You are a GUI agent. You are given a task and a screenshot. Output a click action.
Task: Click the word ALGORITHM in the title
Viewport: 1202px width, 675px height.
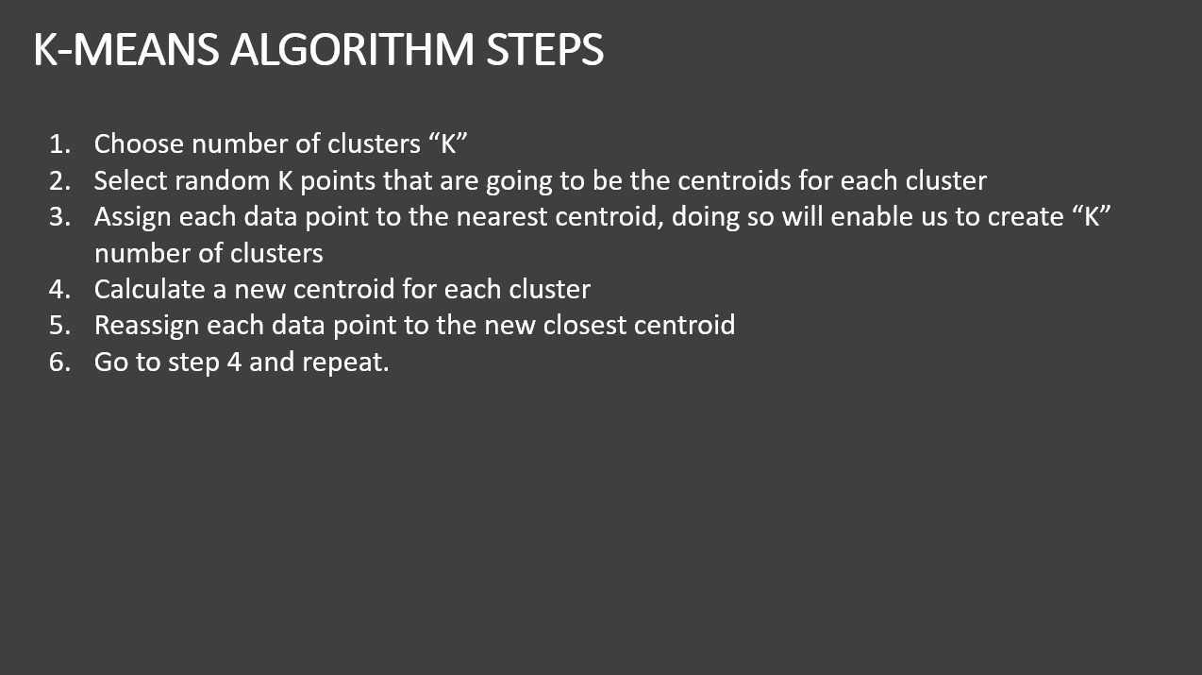click(352, 50)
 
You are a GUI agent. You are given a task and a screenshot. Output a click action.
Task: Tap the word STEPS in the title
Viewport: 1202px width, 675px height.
click(544, 50)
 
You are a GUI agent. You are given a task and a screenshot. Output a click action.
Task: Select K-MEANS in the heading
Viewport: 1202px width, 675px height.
click(126, 50)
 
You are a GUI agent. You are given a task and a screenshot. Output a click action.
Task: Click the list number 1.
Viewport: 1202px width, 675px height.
click(59, 144)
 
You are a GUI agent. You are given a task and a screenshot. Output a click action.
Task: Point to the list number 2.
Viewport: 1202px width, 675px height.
click(59, 181)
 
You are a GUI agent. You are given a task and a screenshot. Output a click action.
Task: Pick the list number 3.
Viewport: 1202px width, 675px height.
click(59, 217)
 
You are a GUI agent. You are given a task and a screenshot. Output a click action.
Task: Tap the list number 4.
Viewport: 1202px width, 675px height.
click(59, 290)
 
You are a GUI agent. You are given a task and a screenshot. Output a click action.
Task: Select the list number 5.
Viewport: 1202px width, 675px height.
click(59, 326)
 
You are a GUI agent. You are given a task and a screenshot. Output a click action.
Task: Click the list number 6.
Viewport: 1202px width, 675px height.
click(59, 362)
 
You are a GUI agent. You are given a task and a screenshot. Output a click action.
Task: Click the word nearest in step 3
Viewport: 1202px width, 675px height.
click(501, 217)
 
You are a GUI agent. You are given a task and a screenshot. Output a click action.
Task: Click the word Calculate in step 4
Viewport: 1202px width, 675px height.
click(150, 289)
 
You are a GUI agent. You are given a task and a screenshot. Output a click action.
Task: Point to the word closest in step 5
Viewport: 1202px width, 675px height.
click(584, 325)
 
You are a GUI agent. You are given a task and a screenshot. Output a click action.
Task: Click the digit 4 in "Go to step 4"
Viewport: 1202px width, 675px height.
click(234, 362)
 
